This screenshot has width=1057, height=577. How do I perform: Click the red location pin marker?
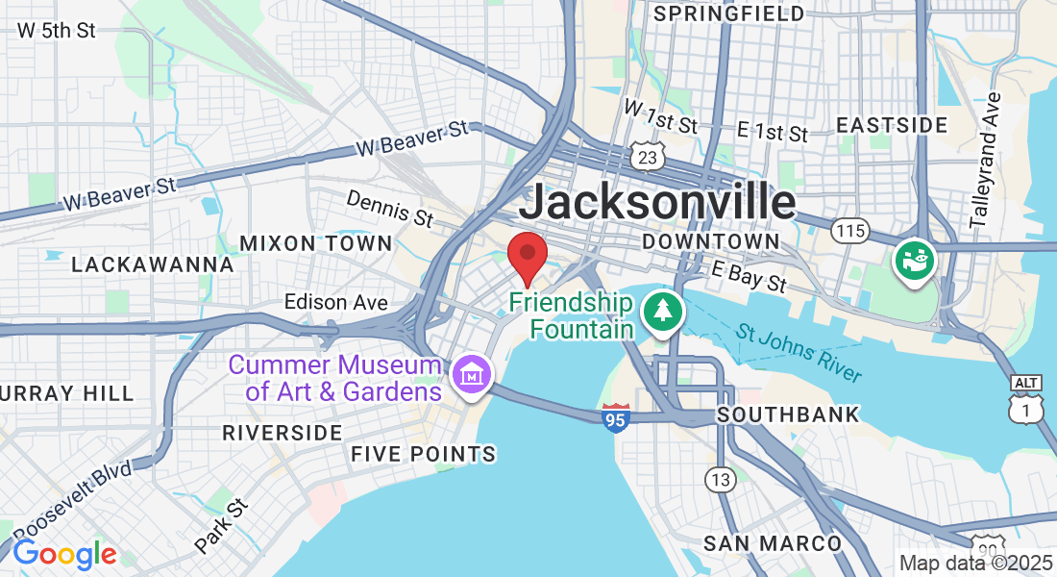(x=527, y=255)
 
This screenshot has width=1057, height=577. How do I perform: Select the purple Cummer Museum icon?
(x=472, y=373)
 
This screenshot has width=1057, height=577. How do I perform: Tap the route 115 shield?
(x=851, y=231)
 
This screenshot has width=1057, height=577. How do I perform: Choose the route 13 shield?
(x=719, y=478)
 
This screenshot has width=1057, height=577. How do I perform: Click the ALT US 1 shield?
(x=1025, y=397)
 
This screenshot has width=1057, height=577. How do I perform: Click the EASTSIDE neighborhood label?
(x=892, y=125)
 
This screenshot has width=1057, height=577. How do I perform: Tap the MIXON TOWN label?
(x=316, y=243)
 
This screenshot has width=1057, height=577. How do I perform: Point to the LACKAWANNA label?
(x=153, y=264)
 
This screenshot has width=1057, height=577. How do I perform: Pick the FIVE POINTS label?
(x=423, y=454)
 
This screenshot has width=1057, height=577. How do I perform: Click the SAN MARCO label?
(x=773, y=543)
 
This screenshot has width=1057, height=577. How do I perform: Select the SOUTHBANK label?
(x=788, y=415)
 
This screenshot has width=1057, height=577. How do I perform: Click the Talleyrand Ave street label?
(x=985, y=160)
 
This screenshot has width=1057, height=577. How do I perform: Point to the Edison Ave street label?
(x=336, y=302)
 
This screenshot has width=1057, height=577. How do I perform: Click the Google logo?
(x=64, y=554)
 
